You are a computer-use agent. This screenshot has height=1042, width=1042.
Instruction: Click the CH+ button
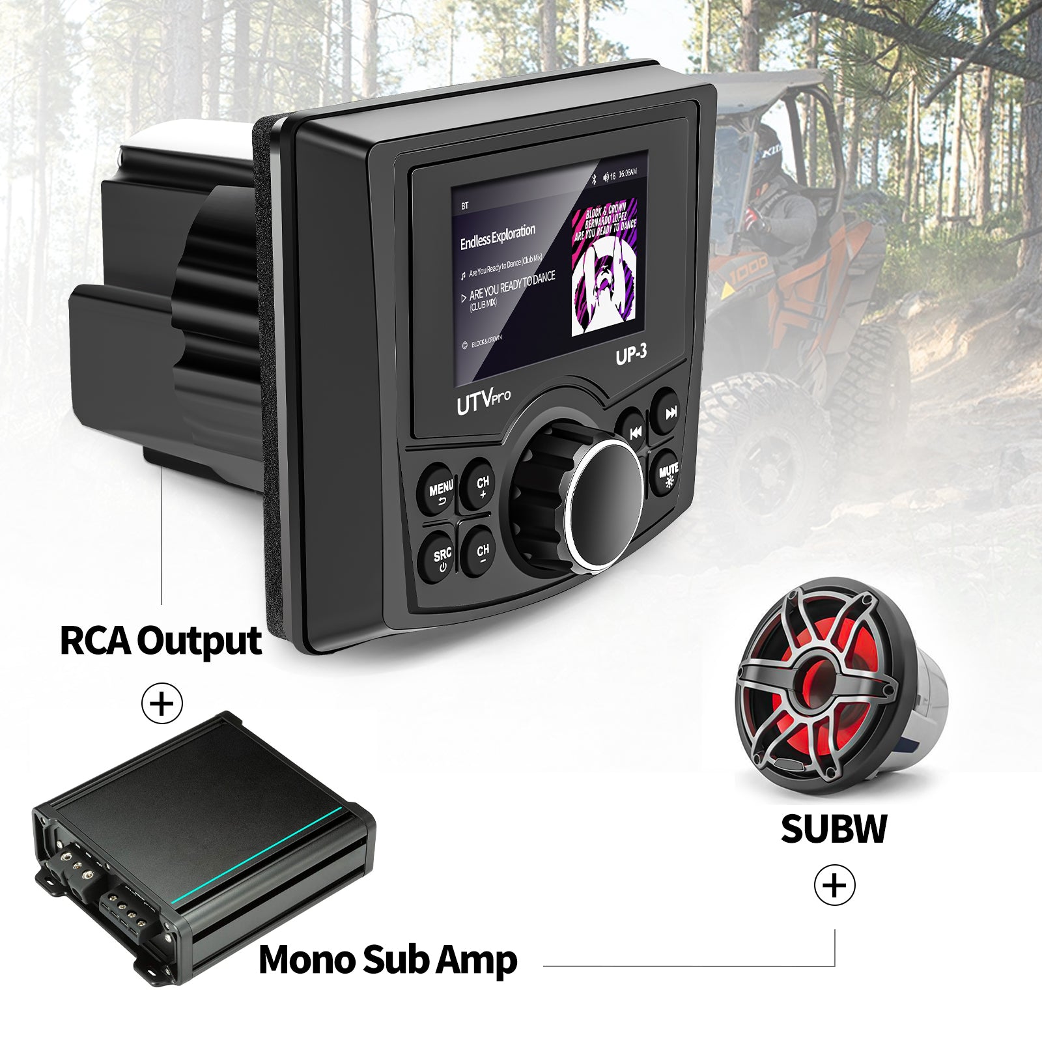pyautogui.click(x=482, y=486)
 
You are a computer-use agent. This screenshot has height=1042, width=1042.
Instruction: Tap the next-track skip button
pyautogui.click(x=670, y=412)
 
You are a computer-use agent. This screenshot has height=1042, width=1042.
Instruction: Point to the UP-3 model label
pyautogui.click(x=631, y=354)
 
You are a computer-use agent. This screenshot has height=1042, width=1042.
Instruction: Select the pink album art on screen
pyautogui.click(x=604, y=269)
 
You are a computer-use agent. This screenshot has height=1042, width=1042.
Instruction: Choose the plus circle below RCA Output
pyautogui.click(x=162, y=703)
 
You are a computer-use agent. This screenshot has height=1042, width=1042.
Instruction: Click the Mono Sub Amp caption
pyautogui.click(x=388, y=959)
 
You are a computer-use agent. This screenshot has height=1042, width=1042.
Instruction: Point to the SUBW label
pyautogui.click(x=834, y=828)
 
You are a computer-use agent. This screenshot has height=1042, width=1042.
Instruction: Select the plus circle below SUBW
pyautogui.click(x=834, y=886)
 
